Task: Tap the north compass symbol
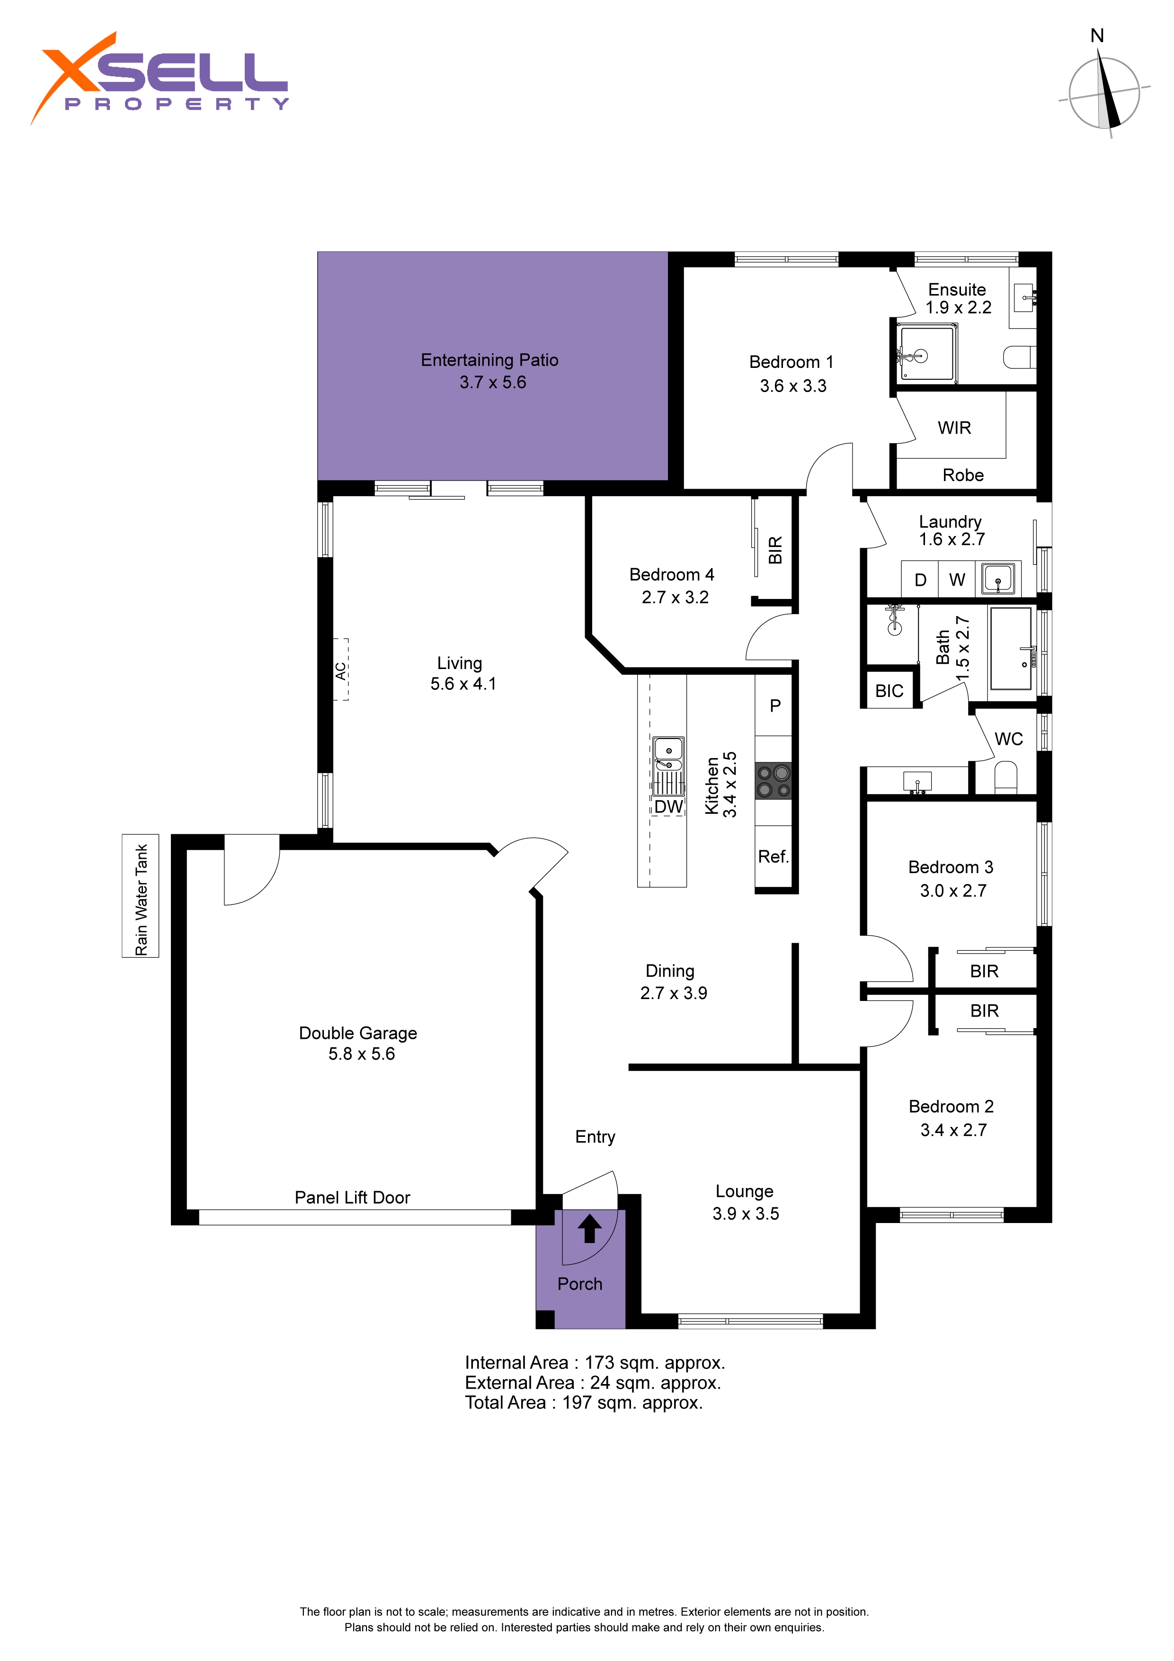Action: point(1104,90)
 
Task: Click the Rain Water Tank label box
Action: point(140,896)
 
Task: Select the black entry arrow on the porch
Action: point(589,1228)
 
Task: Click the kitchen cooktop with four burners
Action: point(773,781)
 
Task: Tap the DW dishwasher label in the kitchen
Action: point(668,807)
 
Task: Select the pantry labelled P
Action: point(775,705)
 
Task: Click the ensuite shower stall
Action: point(926,353)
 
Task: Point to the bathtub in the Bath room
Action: point(1011,648)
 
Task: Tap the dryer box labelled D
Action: point(920,580)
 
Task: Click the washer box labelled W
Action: point(957,580)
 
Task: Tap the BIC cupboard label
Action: point(889,691)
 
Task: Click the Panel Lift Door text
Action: point(352,1197)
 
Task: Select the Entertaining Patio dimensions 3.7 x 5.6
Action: point(493,382)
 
